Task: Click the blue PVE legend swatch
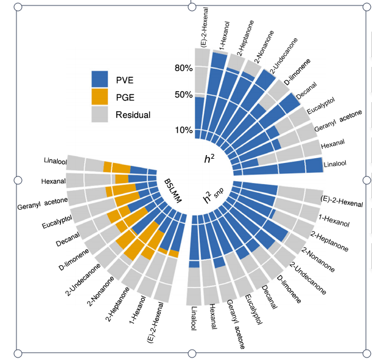coord(99,79)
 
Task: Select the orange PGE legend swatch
coord(99,96)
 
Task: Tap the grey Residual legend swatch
coord(99,113)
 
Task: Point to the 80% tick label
coord(183,68)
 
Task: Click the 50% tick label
coord(183,95)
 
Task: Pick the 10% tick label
coord(183,130)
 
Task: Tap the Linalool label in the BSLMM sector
coord(55,162)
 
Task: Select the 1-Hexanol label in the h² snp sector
coord(334,220)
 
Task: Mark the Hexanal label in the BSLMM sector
coord(54,181)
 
